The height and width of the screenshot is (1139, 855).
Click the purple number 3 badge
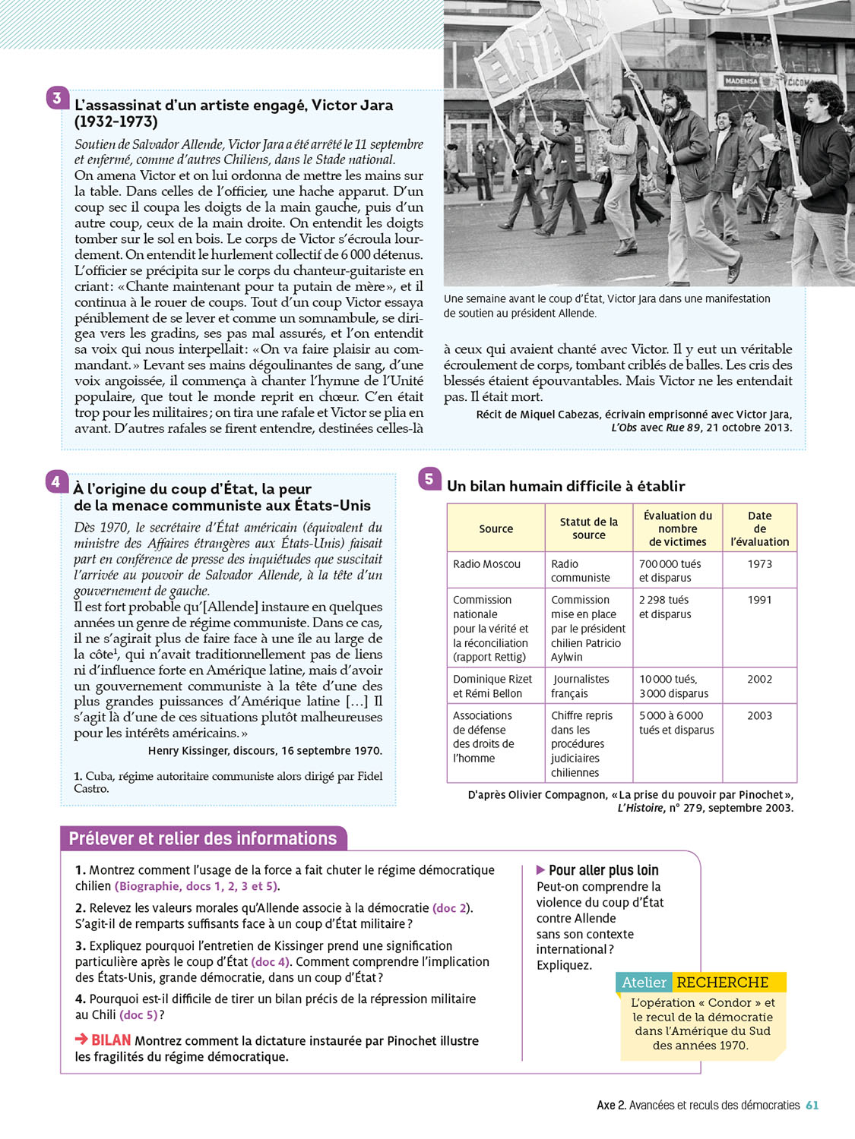(57, 98)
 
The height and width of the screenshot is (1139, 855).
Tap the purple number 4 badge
(55, 481)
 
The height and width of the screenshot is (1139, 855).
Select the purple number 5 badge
(429, 478)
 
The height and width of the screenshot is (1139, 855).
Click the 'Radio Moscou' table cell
(487, 564)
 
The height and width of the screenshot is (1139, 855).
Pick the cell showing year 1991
(759, 600)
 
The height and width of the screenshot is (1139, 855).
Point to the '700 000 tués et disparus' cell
(670, 571)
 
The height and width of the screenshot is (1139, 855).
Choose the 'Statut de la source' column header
(589, 528)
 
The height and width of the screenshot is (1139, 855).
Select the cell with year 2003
(759, 715)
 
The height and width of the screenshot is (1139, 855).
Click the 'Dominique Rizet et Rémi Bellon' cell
(492, 686)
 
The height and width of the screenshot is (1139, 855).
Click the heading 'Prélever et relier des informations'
(203, 838)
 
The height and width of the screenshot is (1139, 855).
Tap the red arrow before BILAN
(81, 1040)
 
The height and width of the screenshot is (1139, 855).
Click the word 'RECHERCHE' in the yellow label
(723, 983)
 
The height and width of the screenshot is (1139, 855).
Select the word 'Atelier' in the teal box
(644, 983)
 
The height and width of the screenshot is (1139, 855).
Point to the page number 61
(812, 1106)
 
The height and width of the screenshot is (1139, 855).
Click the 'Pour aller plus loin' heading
(603, 870)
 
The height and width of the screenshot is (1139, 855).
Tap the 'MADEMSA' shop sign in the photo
(741, 80)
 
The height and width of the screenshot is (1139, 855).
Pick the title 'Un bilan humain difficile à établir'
(566, 486)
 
